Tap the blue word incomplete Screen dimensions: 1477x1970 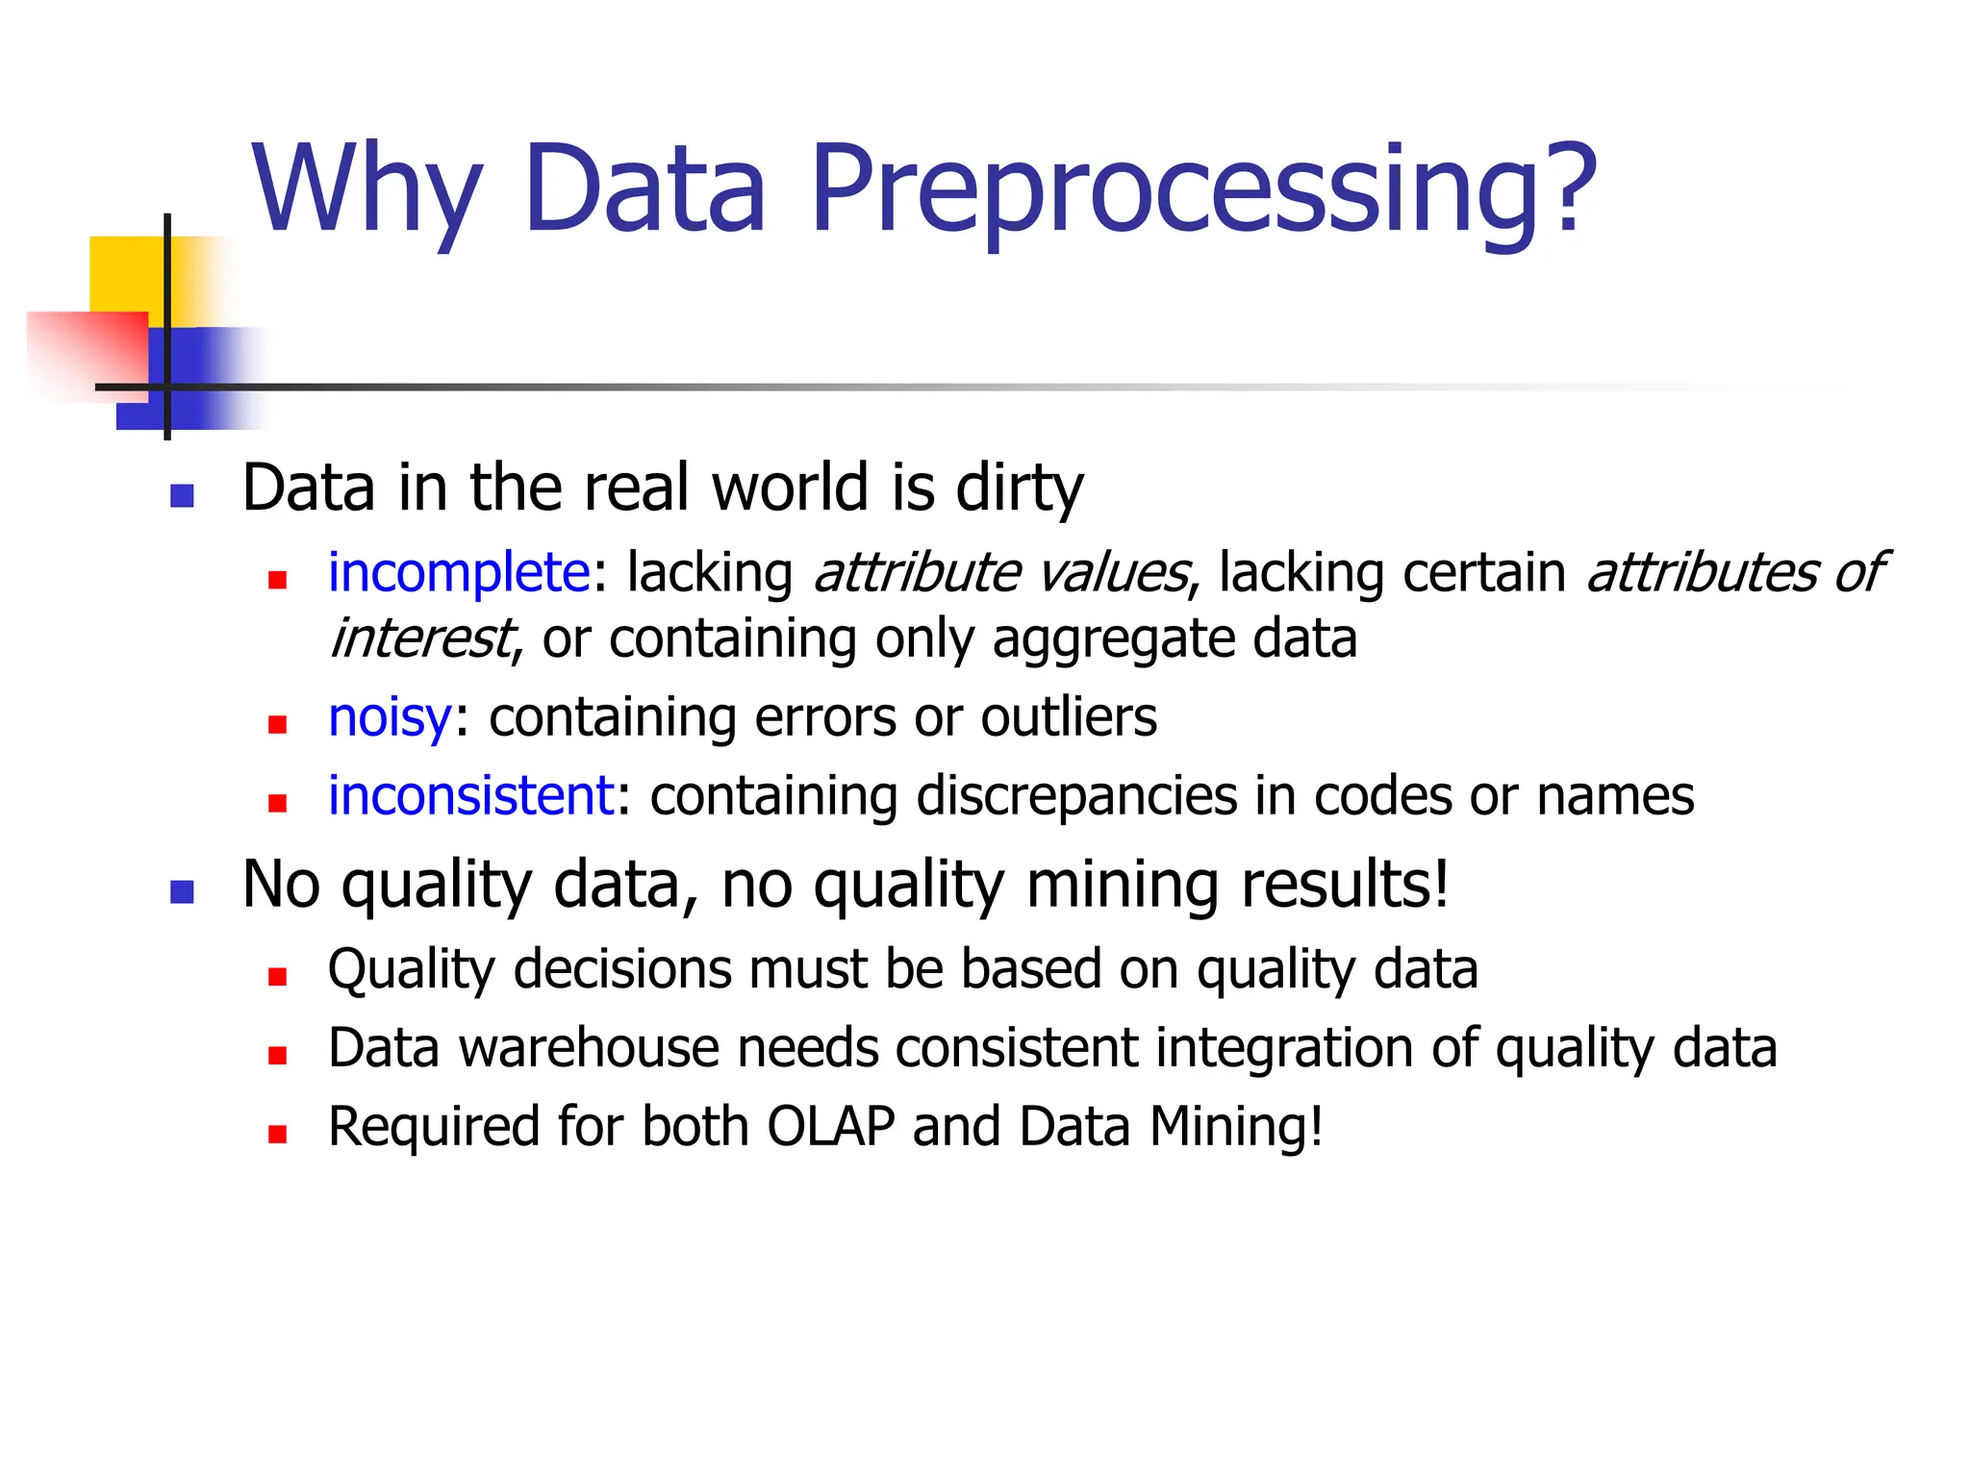pyautogui.click(x=458, y=573)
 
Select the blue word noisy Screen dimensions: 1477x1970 pyautogui.click(x=389, y=717)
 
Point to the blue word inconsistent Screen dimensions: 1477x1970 pyautogui.click(x=470, y=796)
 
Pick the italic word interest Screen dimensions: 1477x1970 pyautogui.click(x=421, y=638)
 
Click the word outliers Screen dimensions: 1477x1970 pyautogui.click(x=1068, y=717)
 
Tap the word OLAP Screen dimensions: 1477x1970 pyautogui.click(x=830, y=1126)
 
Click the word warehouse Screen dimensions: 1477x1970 pyautogui.click(x=589, y=1047)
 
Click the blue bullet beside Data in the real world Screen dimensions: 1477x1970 pyautogui.click(x=182, y=496)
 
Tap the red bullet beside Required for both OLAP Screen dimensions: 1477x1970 pyautogui.click(x=278, y=1135)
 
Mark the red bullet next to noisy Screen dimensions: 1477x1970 pyautogui.click(x=278, y=725)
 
